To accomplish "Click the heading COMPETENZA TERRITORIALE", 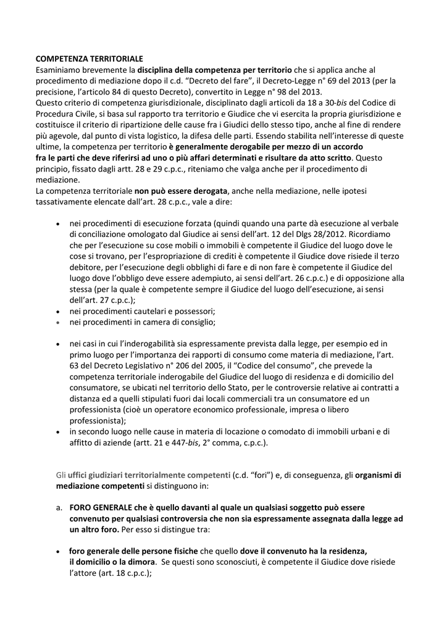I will click(90, 58).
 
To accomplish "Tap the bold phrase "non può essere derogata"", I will click(181, 191).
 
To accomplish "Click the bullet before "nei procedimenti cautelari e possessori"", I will click(58, 312).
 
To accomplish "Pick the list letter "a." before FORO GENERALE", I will click(59, 508).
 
